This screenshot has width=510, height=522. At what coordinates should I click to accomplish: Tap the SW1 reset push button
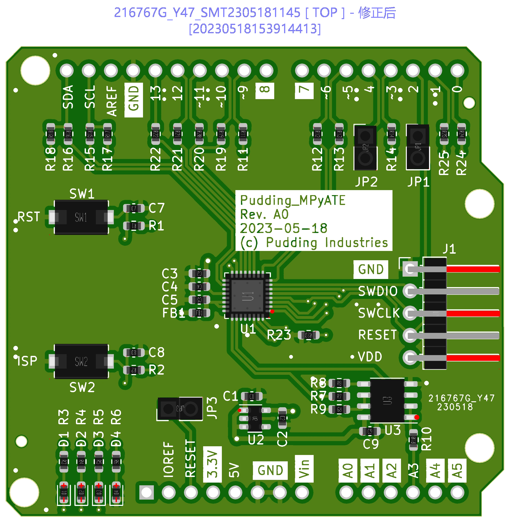(x=81, y=217)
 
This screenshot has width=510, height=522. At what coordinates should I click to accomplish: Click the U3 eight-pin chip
(x=387, y=400)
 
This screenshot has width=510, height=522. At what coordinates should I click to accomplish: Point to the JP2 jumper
(x=365, y=147)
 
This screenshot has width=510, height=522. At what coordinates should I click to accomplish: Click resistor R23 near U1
(x=309, y=335)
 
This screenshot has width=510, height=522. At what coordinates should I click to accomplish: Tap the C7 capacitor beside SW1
(x=134, y=208)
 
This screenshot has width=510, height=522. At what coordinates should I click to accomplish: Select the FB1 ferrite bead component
(x=199, y=313)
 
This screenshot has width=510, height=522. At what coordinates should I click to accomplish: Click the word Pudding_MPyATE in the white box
(x=293, y=200)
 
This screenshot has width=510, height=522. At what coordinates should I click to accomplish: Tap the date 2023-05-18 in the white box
(x=283, y=229)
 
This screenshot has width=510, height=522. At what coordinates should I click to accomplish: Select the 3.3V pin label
(x=212, y=464)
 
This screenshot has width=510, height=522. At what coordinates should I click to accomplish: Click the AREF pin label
(x=112, y=100)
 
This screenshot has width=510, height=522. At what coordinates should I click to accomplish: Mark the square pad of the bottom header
(x=146, y=492)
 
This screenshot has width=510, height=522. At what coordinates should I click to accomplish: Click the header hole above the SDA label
(x=67, y=71)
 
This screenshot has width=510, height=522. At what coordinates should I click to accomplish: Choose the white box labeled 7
(x=304, y=91)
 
